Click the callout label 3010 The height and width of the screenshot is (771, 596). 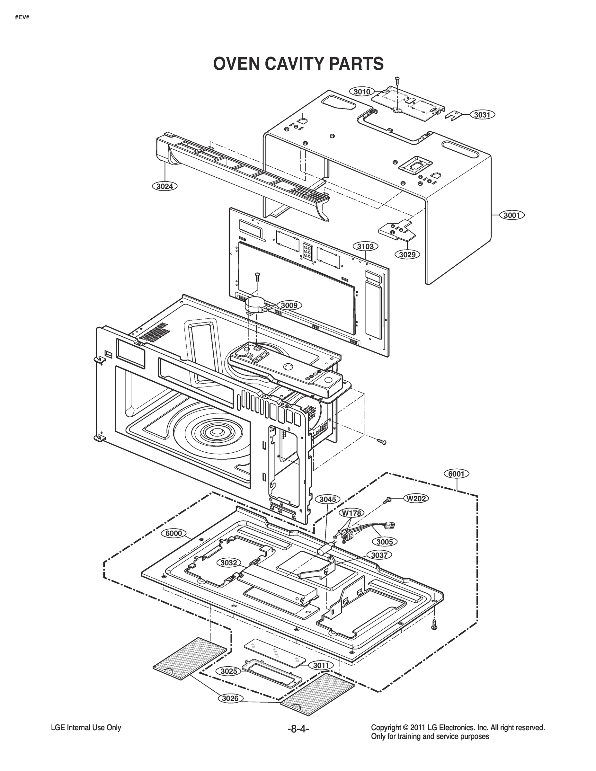(x=362, y=92)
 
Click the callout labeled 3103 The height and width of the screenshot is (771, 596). (x=365, y=246)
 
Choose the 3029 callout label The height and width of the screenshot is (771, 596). (x=407, y=254)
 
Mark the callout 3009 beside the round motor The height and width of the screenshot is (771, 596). (x=289, y=305)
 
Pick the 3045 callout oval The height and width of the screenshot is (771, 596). (x=328, y=499)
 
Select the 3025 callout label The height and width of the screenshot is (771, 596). (x=229, y=671)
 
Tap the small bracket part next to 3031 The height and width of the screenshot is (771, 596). (x=454, y=115)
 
